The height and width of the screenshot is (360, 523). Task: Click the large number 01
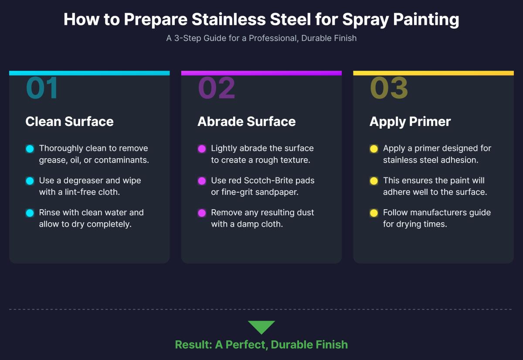coord(42,88)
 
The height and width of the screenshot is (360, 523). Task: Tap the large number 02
coord(217,88)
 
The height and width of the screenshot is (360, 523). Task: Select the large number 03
coord(389,88)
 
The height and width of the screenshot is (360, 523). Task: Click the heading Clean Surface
coord(69,122)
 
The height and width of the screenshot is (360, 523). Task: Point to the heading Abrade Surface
coord(246,122)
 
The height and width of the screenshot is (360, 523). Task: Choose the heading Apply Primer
coord(410,122)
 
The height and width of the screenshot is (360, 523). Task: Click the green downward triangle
coord(261,327)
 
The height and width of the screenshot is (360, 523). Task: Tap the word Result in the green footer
coord(192,345)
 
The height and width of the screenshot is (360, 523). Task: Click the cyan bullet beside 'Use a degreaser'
coord(30,181)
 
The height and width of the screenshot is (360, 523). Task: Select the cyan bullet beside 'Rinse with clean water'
coord(30,213)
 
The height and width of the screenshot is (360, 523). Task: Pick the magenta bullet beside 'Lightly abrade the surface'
coord(202,149)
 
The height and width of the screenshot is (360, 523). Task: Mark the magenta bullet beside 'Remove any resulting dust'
coord(202,213)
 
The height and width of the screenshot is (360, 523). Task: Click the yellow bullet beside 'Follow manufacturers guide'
coord(374,213)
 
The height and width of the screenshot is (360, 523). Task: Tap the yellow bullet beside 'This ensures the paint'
coord(374,181)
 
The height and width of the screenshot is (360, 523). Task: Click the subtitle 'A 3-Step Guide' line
coord(261,38)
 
